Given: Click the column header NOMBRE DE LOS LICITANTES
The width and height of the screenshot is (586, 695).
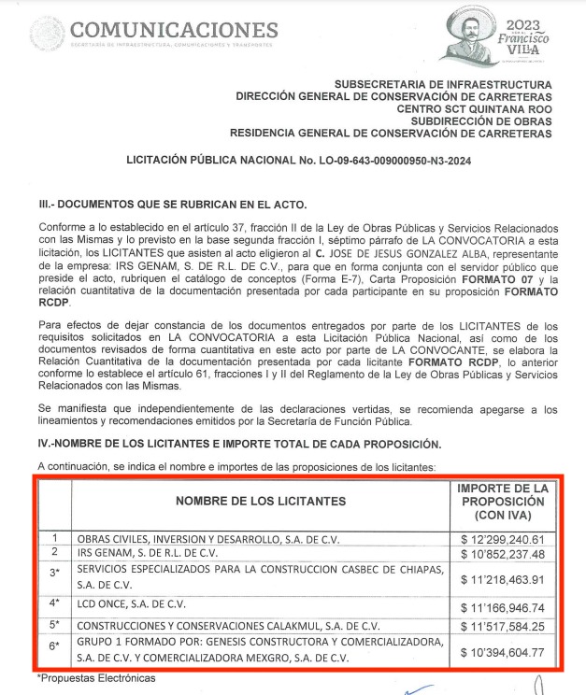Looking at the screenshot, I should pos(261,502).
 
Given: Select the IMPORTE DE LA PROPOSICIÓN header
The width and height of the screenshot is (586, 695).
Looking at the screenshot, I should pos(502,502).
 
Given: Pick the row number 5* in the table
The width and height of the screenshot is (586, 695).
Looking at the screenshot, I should pos(55,625).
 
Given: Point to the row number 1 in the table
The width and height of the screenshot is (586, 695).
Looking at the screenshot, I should pos(55,539).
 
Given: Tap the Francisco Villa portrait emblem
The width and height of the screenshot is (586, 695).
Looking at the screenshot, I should pos(470,34).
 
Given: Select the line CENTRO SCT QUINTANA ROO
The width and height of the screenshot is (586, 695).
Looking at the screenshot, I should pos(474,108).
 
